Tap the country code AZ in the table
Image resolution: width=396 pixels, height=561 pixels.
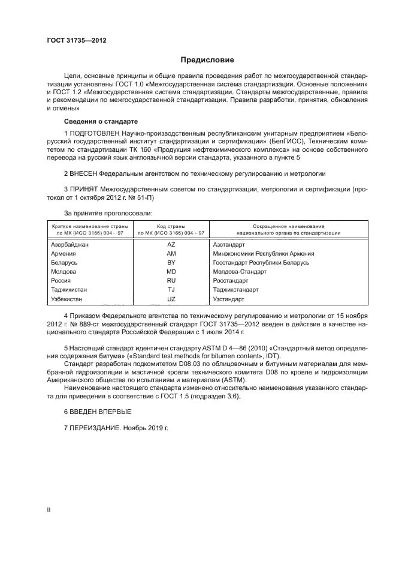coord(171,245)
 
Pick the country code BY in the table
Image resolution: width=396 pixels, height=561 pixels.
coord(171,263)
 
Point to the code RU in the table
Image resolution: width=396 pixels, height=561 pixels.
coord(171,281)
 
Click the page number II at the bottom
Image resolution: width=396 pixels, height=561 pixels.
coord(49,509)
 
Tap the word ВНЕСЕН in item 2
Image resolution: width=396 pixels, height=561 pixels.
coord(85,173)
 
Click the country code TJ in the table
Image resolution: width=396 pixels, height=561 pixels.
coord(171,290)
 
